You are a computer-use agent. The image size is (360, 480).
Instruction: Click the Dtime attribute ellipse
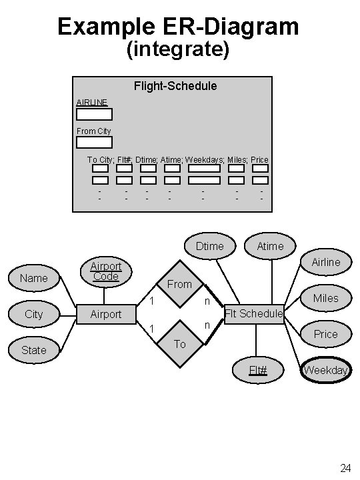pyautogui.click(x=210, y=246)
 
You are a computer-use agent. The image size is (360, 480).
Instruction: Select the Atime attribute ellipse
pyautogui.click(x=270, y=246)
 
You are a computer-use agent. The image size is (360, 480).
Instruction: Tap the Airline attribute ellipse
pyautogui.click(x=326, y=262)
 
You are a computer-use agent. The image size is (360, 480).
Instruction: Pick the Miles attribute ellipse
pyautogui.click(x=326, y=298)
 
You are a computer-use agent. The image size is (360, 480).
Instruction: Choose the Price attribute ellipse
pyautogui.click(x=326, y=334)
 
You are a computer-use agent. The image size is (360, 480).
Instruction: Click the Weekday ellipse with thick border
pyautogui.click(x=326, y=370)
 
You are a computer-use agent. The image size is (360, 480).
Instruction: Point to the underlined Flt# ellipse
pyautogui.click(x=258, y=370)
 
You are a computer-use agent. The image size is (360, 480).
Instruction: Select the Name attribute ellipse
pyautogui.click(x=34, y=278)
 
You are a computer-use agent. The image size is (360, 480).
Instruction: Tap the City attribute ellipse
pyautogui.click(x=34, y=314)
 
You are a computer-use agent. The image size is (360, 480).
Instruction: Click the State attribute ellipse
pyautogui.click(x=34, y=350)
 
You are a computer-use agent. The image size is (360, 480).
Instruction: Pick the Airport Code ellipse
pyautogui.click(x=106, y=271)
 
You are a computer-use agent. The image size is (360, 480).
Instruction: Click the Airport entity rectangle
pyautogui.click(x=106, y=314)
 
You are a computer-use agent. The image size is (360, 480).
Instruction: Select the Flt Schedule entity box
pyautogui.click(x=254, y=313)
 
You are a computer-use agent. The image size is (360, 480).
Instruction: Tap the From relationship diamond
pyautogui.click(x=179, y=285)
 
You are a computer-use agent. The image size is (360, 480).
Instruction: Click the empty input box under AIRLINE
pyautogui.click(x=94, y=114)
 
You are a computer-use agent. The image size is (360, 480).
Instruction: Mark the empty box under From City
pyautogui.click(x=94, y=142)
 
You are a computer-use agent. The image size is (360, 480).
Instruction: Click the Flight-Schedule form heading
pyautogui.click(x=175, y=86)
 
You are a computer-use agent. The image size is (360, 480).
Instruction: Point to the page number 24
pyautogui.click(x=345, y=468)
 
